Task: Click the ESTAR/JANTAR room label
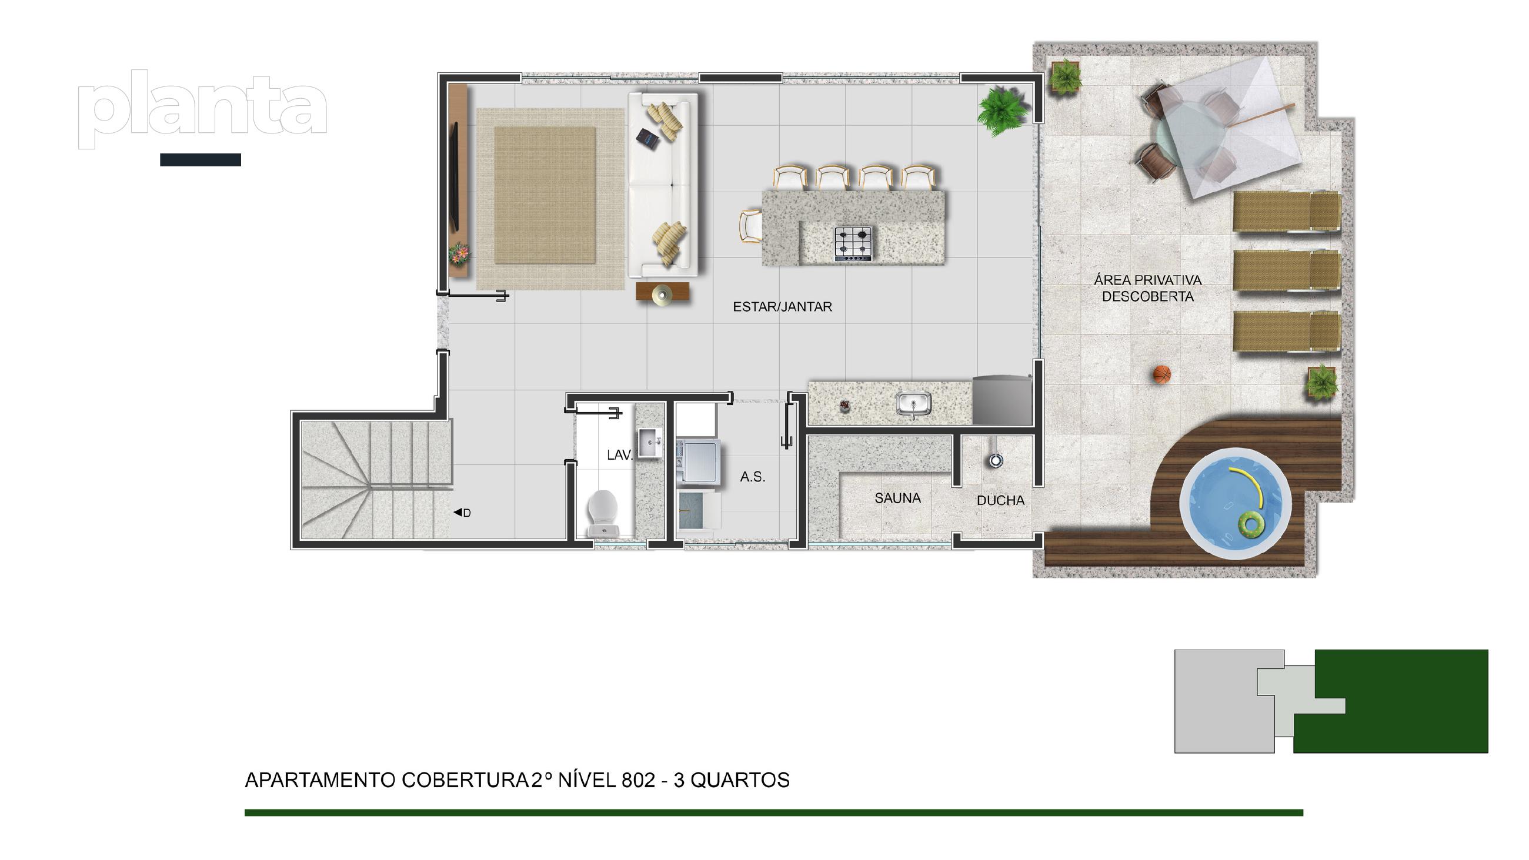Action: (x=782, y=307)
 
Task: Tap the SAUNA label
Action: (x=897, y=498)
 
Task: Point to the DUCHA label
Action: (x=1001, y=501)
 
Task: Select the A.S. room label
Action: (x=753, y=477)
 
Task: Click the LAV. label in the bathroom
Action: (x=620, y=455)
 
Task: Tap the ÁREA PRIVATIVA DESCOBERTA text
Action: (x=1148, y=289)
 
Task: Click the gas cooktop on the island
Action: (x=853, y=244)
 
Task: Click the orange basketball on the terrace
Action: (x=1161, y=374)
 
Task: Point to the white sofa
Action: (x=662, y=185)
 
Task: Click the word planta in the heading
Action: (x=202, y=109)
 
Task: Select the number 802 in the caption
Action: (x=638, y=780)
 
